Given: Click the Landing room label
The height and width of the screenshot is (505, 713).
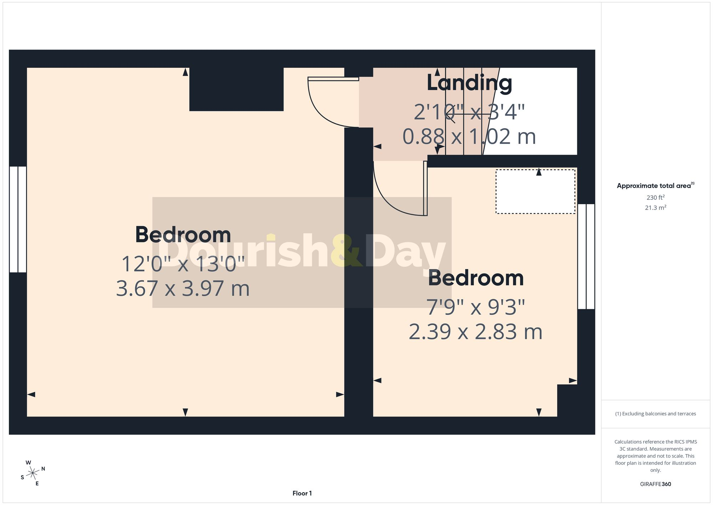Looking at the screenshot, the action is (x=469, y=83).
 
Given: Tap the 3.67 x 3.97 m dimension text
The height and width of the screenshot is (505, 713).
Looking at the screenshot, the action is (x=183, y=288).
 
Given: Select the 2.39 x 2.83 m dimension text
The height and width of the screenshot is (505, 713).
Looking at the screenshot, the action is (x=476, y=332).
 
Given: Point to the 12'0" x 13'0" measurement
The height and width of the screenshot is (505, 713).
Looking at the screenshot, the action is (x=183, y=264).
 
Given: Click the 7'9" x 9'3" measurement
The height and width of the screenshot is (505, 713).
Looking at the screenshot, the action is (x=476, y=307).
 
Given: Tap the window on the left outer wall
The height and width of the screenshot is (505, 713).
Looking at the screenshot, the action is (x=18, y=219).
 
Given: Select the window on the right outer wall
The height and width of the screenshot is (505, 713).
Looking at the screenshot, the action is (x=586, y=256).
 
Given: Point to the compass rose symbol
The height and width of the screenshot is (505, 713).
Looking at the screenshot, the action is (x=33, y=473).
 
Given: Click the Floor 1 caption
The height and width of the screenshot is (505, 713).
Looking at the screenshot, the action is (x=302, y=493).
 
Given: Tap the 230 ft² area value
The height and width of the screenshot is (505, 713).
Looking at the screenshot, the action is (x=655, y=197).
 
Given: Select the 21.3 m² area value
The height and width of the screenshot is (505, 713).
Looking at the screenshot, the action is (x=655, y=207).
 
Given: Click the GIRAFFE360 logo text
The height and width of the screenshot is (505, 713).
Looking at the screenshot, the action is (x=655, y=484).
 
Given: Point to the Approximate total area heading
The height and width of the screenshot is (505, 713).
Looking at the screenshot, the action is (x=655, y=186).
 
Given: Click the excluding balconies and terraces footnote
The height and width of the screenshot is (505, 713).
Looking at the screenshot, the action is (x=655, y=414).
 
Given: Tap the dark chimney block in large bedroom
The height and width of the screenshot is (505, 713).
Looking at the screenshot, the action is (x=236, y=89).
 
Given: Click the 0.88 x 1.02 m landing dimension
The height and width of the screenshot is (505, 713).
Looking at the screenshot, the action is (x=469, y=137).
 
